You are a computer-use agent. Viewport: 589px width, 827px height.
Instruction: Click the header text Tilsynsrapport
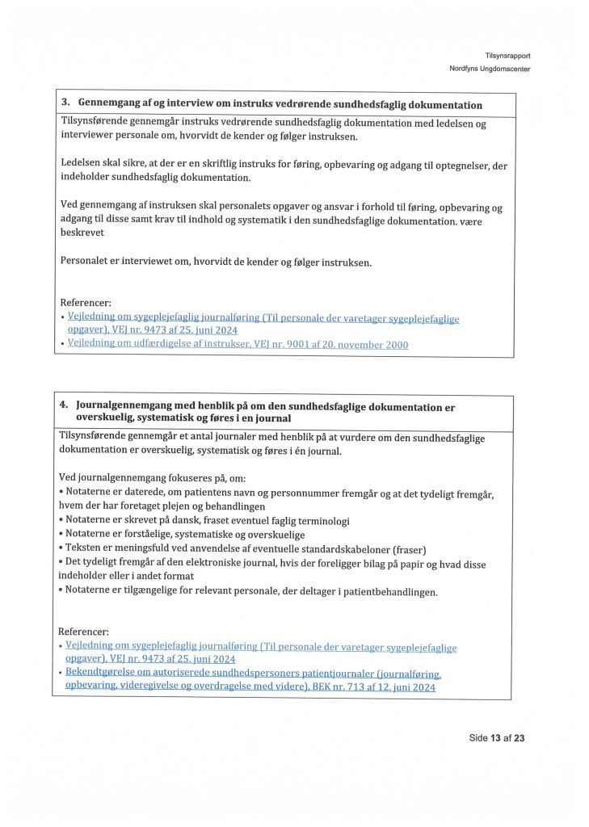click(507, 55)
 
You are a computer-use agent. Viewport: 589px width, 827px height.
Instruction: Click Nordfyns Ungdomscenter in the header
click(490, 69)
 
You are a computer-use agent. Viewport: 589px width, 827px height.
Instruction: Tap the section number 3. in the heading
click(66, 104)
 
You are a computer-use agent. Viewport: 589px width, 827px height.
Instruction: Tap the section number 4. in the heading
click(64, 406)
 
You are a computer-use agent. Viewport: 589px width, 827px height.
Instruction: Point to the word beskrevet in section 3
click(83, 232)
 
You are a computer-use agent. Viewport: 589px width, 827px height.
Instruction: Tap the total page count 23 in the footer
click(520, 737)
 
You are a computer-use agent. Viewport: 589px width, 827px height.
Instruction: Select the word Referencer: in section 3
click(86, 303)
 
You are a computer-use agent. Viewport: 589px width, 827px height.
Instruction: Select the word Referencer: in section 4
click(83, 631)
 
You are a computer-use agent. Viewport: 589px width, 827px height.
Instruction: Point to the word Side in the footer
click(478, 737)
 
